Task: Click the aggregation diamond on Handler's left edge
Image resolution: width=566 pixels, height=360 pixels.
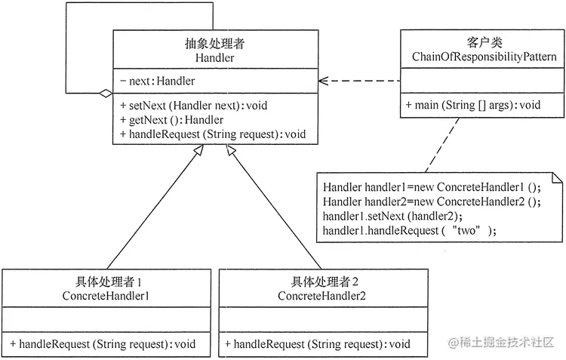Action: pos(106,94)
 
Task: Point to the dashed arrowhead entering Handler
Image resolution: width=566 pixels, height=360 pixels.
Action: pos(323,80)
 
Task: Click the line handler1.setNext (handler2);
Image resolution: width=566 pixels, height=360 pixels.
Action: pos(386,216)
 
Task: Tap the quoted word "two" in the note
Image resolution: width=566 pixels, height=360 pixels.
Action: pos(466,230)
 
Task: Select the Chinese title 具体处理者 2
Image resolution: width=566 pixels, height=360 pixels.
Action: pos(324,282)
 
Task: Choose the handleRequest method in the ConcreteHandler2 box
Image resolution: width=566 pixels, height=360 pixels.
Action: pos(318,343)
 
